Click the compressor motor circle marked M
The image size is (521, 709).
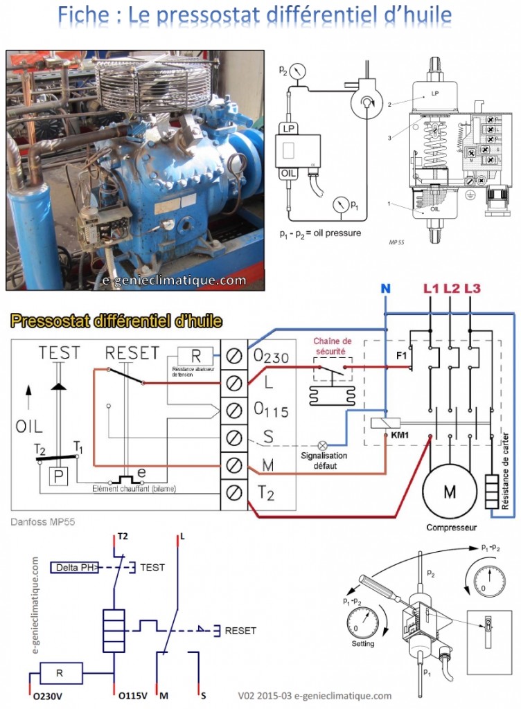pyautogui.click(x=450, y=492)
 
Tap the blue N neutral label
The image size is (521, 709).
pyautogui.click(x=386, y=288)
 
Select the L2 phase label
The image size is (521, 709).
pyautogui.click(x=452, y=288)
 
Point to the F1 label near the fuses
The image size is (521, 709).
pyautogui.click(x=402, y=357)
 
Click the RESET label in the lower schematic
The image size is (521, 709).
pyautogui.click(x=240, y=631)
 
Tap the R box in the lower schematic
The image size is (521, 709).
pyautogui.click(x=60, y=672)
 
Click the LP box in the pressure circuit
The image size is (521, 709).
pyautogui.click(x=288, y=128)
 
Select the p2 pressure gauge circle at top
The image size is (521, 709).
pyautogui.click(x=299, y=71)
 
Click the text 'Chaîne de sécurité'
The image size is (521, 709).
pyautogui.click(x=333, y=345)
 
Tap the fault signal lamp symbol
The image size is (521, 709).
pyautogui.click(x=321, y=446)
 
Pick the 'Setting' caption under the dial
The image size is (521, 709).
pyautogui.click(x=362, y=643)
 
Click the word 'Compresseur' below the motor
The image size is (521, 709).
pyautogui.click(x=451, y=527)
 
